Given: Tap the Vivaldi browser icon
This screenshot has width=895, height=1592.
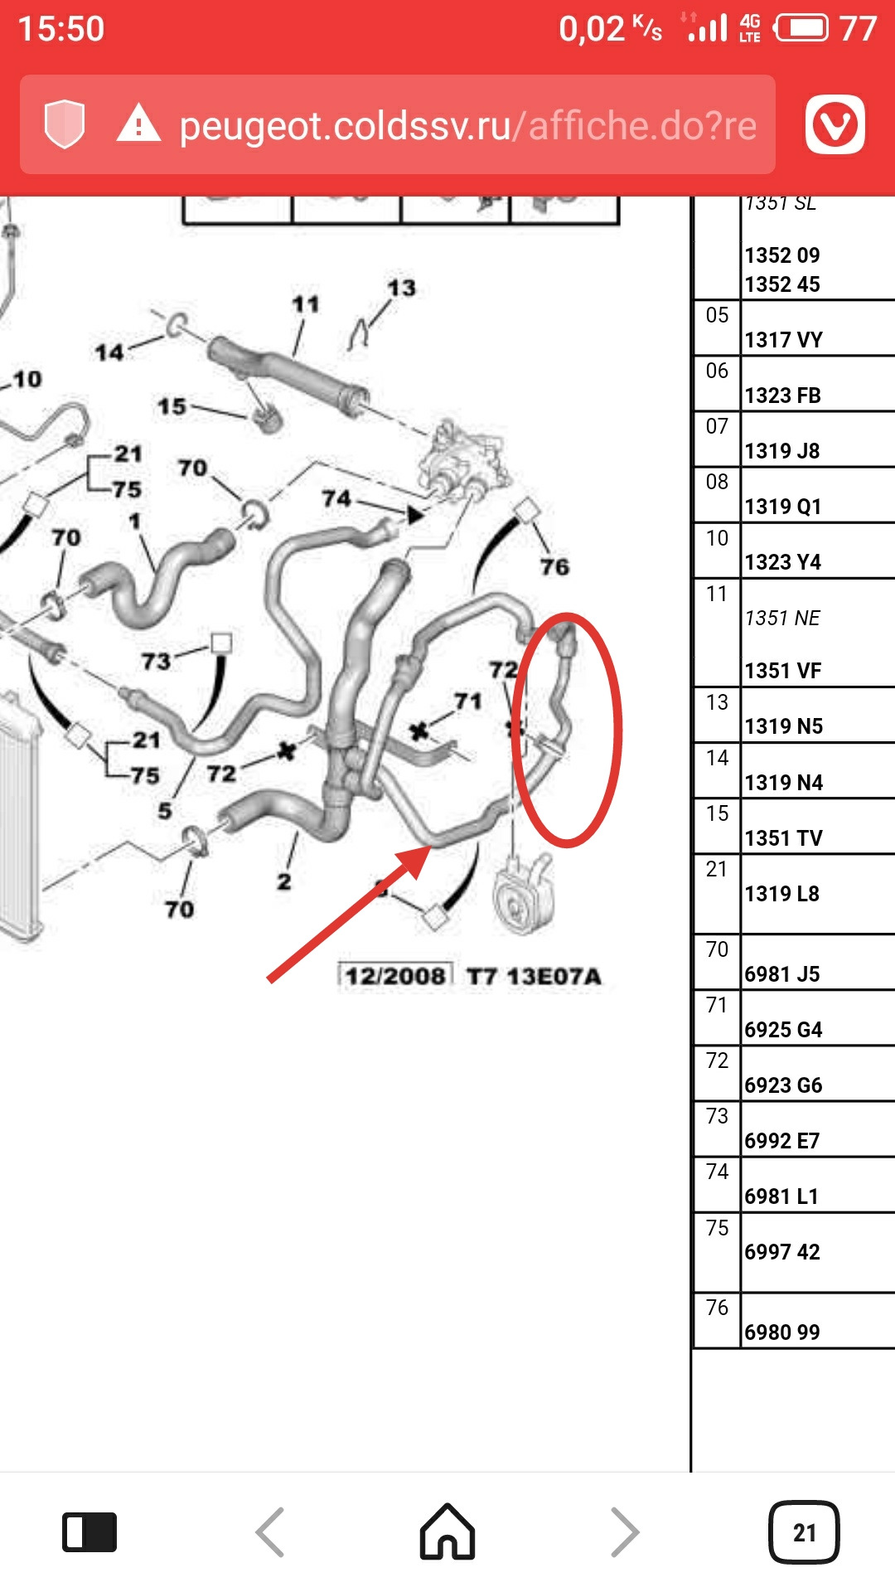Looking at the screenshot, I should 835,124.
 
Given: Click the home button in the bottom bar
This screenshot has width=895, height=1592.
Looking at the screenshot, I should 447,1531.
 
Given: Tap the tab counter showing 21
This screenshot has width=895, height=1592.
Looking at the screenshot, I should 804,1532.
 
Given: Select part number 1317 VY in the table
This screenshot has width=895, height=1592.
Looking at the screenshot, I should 783,340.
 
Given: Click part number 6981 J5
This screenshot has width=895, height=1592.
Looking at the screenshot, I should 781,973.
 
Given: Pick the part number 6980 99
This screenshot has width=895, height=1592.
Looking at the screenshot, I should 781,1332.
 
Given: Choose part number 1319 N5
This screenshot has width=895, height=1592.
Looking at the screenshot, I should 783,726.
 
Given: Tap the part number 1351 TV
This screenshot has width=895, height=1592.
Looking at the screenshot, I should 783,837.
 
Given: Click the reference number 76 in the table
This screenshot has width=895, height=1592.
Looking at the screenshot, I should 717,1308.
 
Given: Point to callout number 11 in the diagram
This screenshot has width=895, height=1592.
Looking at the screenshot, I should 305,304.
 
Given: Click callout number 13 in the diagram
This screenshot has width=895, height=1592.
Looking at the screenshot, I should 402,288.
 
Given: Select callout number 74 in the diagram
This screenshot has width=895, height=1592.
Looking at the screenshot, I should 336,498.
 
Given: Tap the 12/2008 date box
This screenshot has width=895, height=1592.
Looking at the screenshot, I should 395,976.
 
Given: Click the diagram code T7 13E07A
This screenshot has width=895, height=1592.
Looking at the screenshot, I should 534,976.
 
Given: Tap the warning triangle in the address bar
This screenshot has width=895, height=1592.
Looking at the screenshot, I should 138,124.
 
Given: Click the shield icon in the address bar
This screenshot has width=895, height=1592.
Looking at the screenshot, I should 65,124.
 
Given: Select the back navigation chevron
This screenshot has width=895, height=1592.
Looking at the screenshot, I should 270,1532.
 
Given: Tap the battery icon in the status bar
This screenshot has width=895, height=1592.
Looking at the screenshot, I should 801,29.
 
